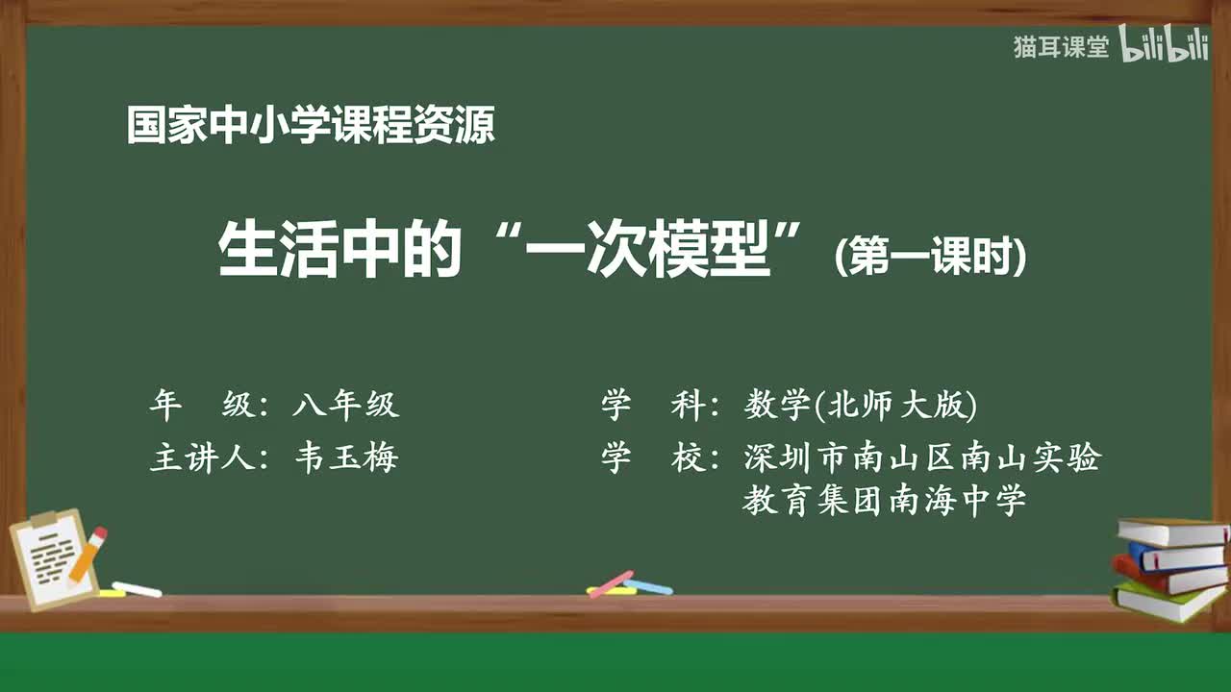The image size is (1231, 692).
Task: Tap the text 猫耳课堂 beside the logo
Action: coord(1061,47)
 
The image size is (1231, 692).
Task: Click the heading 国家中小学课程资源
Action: coord(311,126)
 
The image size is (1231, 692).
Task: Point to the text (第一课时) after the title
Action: coord(930,257)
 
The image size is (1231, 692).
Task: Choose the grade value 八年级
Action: coord(345,406)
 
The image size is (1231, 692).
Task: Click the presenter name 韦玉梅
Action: coord(346,458)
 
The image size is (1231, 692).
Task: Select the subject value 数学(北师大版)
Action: coord(860,406)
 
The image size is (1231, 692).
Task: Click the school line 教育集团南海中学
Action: coord(884,501)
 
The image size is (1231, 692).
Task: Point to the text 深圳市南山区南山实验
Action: coord(921,458)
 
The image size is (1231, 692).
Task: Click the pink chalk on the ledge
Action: coord(611,582)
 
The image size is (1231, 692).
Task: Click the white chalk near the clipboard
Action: coord(137,589)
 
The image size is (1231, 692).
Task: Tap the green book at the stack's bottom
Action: coord(1166,602)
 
